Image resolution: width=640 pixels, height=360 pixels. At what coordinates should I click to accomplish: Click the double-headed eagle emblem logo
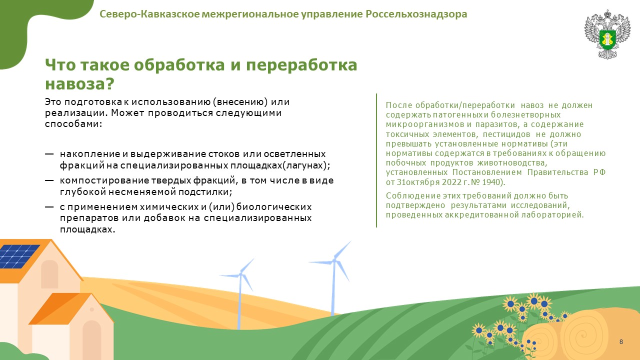607,34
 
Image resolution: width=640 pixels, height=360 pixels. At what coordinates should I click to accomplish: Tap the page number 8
621,341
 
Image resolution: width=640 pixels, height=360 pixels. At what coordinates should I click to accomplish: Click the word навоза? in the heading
79,83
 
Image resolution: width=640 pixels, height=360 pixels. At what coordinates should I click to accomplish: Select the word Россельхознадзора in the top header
416,14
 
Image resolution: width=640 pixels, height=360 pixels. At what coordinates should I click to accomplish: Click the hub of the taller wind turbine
334,260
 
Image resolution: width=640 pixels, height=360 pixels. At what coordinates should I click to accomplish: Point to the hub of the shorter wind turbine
240,274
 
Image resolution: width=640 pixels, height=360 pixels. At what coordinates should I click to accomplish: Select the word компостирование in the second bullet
104,180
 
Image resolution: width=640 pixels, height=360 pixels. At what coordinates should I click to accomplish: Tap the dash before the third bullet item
49,207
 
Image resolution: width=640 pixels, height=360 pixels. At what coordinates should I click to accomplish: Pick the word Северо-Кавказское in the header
149,14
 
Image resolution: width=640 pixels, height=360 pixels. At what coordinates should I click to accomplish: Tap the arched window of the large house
49,274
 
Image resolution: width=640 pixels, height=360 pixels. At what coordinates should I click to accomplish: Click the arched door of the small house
91,340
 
